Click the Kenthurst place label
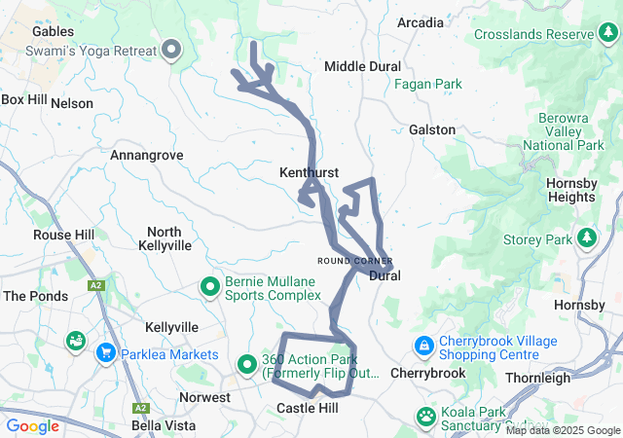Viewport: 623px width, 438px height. point(309,172)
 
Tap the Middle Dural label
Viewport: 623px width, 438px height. point(362,66)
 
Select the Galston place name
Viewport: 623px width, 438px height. point(432,129)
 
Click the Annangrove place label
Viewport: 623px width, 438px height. point(147,155)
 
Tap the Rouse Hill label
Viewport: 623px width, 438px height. point(64,235)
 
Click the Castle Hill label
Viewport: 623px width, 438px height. point(308,408)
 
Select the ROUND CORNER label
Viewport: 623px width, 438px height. point(354,261)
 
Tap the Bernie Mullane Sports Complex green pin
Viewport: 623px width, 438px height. point(209,287)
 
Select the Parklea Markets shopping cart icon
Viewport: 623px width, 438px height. point(104,352)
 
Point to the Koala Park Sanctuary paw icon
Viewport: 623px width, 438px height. point(426,416)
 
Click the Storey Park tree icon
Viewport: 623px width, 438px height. point(586,237)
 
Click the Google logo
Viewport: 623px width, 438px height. point(33,425)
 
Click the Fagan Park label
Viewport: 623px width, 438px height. point(427,85)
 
